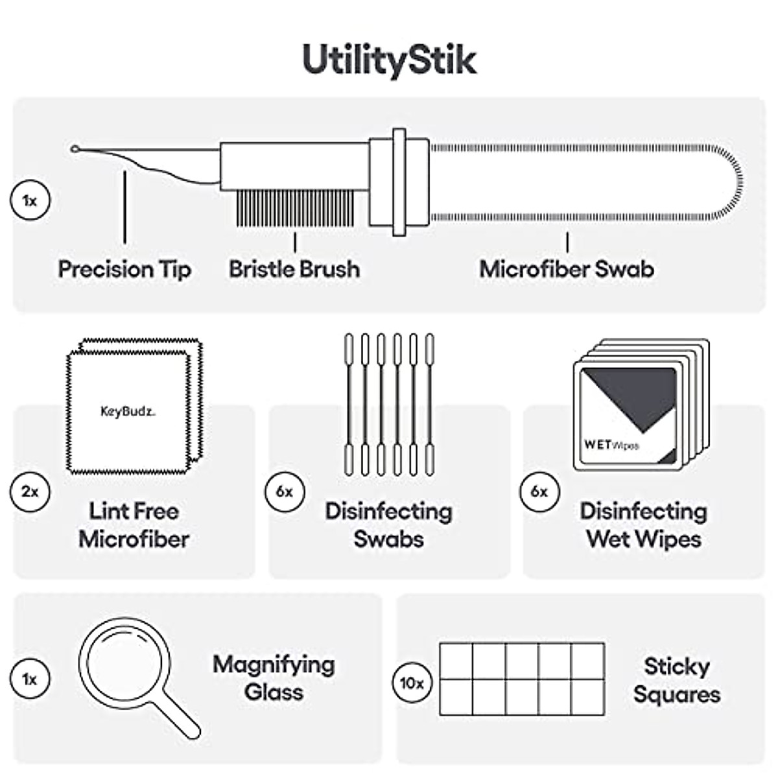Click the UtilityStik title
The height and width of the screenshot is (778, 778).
pos(389,60)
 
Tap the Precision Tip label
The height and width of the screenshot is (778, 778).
pos(124,269)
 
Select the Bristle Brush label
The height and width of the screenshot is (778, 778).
pos(294,269)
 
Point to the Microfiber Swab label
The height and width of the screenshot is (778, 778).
pos(567,269)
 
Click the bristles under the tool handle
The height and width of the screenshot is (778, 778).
pos(295,207)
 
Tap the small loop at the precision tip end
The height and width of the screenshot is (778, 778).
pos(75,150)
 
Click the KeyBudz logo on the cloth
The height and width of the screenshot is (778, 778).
pos(128,411)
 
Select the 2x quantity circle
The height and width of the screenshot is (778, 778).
pos(30,491)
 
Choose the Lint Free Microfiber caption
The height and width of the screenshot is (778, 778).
pos(134,525)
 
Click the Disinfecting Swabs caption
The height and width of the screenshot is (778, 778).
pos(389,525)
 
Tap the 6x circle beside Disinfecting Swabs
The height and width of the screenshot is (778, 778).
pos(285,491)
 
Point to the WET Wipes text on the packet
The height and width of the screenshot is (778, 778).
pos(611,445)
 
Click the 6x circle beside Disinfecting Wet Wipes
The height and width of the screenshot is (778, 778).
pos(539,491)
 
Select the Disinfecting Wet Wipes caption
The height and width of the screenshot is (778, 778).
pos(644,525)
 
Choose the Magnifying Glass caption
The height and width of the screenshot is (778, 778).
pos(274,678)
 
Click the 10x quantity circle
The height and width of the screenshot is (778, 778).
pos(412,683)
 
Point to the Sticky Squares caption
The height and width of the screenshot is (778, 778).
pos(677,680)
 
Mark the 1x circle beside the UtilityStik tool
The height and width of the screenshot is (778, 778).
pos(30,200)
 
